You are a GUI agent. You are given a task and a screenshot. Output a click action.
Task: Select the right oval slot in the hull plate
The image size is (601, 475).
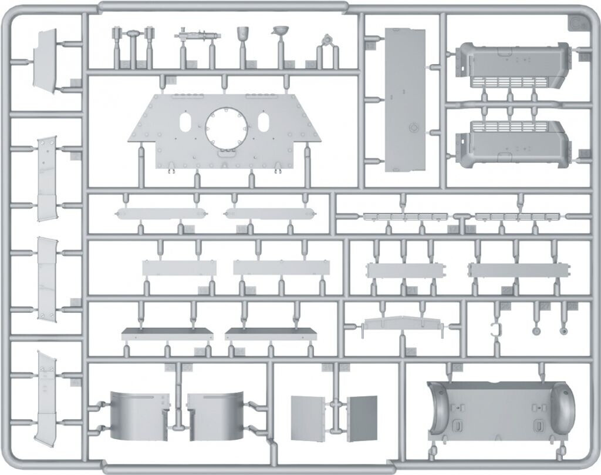click(264, 123)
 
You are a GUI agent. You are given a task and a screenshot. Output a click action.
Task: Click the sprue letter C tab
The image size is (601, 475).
click(577, 25)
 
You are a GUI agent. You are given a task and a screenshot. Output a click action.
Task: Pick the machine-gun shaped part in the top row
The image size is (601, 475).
click(194, 35)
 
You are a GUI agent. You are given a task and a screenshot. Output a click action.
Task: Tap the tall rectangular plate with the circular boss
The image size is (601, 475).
click(404, 99)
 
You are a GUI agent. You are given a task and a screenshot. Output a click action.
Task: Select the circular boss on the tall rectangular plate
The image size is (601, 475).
click(413, 126)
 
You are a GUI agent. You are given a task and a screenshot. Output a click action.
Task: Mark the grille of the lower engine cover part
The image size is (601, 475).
click(509, 126)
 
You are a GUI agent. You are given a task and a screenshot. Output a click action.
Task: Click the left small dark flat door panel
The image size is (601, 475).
click(307, 417)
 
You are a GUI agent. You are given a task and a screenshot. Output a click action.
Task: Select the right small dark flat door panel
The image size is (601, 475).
click(362, 417)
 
